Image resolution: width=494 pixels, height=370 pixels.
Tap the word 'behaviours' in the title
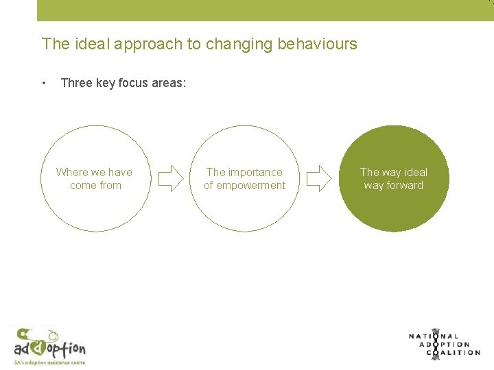[317, 44]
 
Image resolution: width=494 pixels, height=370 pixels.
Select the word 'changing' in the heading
[244, 44]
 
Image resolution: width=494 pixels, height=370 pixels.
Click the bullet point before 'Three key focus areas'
[44, 84]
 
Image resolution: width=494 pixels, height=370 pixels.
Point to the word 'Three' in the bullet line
[76, 84]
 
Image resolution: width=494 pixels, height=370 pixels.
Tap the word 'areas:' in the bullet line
[170, 84]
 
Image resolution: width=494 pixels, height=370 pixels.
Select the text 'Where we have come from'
[95, 179]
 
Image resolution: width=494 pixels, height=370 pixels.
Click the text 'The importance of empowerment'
[244, 179]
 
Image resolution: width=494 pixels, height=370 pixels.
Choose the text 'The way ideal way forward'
[394, 179]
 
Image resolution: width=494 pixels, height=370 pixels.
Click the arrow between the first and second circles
[170, 179]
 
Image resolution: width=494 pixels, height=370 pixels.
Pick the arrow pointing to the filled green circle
[318, 179]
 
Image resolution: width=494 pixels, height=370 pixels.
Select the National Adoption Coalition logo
[444, 344]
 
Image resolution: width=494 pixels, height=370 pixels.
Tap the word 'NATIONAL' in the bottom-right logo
[434, 336]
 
